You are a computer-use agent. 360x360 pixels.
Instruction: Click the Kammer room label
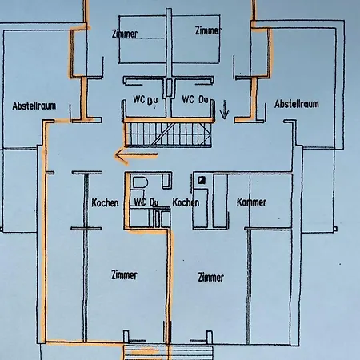pyautogui.click(x=251, y=202)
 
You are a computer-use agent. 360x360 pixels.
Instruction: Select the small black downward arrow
pyautogui.click(x=225, y=110)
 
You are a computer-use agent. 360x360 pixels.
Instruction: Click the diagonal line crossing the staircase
pyautogui.click(x=162, y=134)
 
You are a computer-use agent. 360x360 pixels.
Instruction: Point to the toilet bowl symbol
pyautogui.click(x=140, y=182)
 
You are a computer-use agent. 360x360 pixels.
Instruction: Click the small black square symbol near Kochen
pyautogui.click(x=202, y=181)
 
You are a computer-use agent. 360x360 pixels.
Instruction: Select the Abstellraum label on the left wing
pyautogui.click(x=34, y=106)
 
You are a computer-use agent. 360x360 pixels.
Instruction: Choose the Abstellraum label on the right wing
pyautogui.click(x=297, y=104)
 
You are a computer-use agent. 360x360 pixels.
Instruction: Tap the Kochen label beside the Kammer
pyautogui.click(x=186, y=202)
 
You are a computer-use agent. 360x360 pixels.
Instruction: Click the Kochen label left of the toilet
pyautogui.click(x=105, y=202)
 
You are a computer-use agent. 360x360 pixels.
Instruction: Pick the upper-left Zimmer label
pyautogui.click(x=125, y=34)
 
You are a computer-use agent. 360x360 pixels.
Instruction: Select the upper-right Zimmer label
pyautogui.click(x=208, y=30)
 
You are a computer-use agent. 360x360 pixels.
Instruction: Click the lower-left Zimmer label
pyautogui.click(x=124, y=275)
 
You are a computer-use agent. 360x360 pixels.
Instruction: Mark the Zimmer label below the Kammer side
pyautogui.click(x=210, y=278)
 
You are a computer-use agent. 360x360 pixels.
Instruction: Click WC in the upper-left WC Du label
pyautogui.click(x=139, y=99)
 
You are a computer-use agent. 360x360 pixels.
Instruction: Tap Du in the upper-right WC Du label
pyautogui.click(x=203, y=100)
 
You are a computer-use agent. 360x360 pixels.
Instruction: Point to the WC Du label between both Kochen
pyautogui.click(x=146, y=202)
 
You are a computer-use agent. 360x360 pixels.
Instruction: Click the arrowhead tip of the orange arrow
pyautogui.click(x=115, y=154)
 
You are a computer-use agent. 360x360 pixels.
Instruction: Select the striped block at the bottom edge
pyautogui.click(x=169, y=353)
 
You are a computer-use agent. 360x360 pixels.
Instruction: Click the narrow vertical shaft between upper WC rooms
pyautogui.click(x=169, y=87)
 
